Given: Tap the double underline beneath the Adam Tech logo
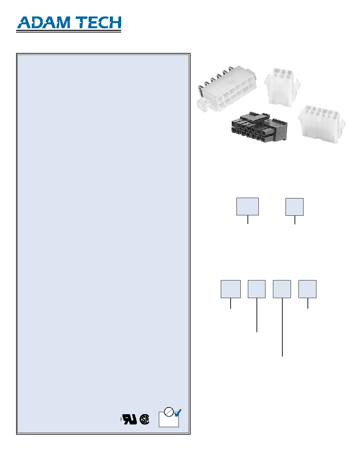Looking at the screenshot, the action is tap(69, 31).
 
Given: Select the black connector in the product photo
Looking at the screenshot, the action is tap(259, 127).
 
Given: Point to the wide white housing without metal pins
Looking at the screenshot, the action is tap(322, 123).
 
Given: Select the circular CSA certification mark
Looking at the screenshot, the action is tap(144, 419).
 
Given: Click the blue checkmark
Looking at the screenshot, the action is tap(178, 413).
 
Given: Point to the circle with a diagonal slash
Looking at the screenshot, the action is tap(169, 411).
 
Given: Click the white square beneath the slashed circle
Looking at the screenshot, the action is tap(169, 420).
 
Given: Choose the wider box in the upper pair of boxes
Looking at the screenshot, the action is tap(247, 207).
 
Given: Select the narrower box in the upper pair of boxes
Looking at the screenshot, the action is tap(295, 207).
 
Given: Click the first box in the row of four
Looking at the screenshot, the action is tap(231, 289).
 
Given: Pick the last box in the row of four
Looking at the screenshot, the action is tap(307, 289).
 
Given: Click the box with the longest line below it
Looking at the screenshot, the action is tap(282, 289).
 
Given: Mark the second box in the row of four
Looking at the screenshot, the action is tap(256, 289).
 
